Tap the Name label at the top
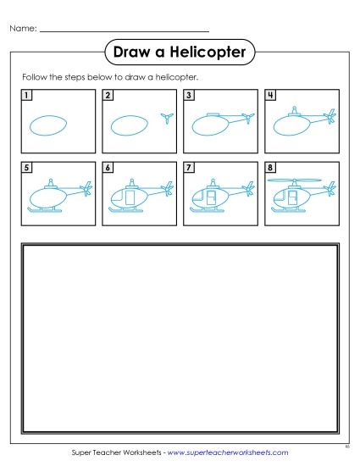[23, 29]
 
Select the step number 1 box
[28, 95]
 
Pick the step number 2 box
[108, 95]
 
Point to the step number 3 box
[189, 95]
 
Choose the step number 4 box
[269, 95]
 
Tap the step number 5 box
[28, 169]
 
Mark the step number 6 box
[108, 169]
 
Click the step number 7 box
[189, 169]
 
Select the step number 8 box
[269, 169]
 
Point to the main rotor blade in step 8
[295, 180]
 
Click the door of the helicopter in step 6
[130, 198]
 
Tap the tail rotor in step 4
[330, 117]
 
